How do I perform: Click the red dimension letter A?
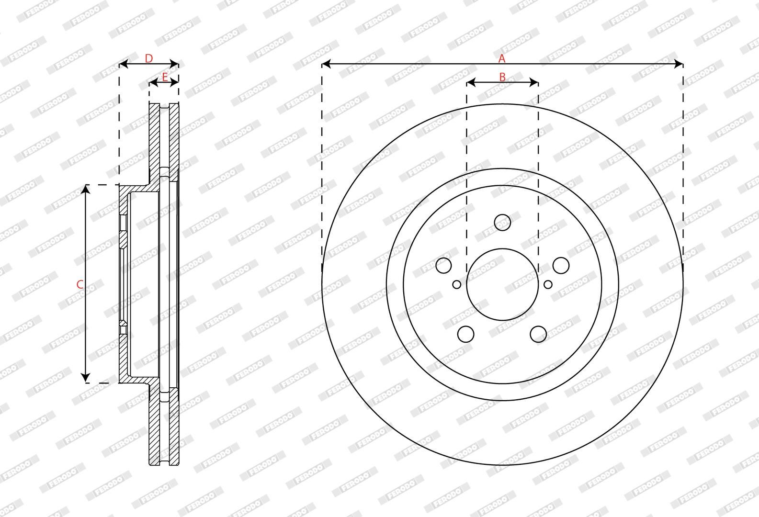502,58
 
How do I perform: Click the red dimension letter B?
502,77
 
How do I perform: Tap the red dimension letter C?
79,284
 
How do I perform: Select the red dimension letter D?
149,58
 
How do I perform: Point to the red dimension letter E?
165,77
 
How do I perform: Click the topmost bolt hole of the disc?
502,222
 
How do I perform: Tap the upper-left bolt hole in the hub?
443,265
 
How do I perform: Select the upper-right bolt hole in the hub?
561,265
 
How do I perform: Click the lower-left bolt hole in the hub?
466,334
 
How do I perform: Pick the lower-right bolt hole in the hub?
538,334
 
